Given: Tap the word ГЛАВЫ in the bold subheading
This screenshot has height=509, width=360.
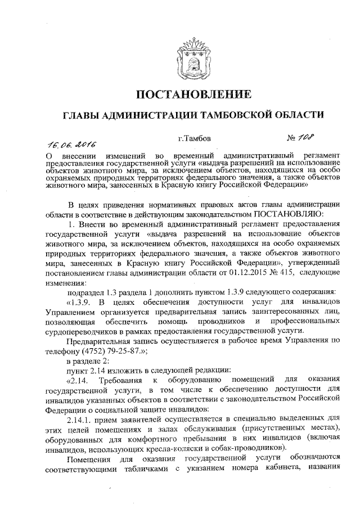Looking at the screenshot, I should [x=80, y=115].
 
